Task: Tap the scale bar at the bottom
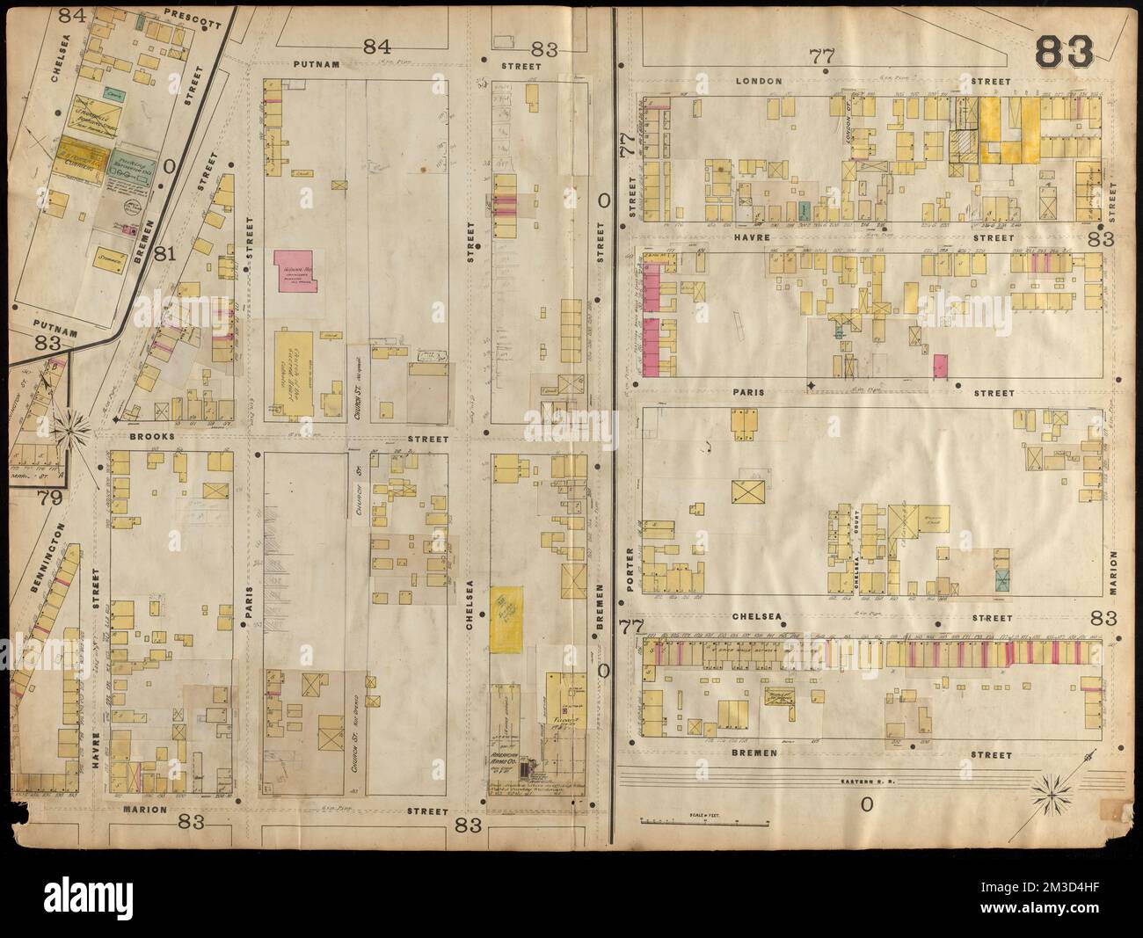(706, 822)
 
